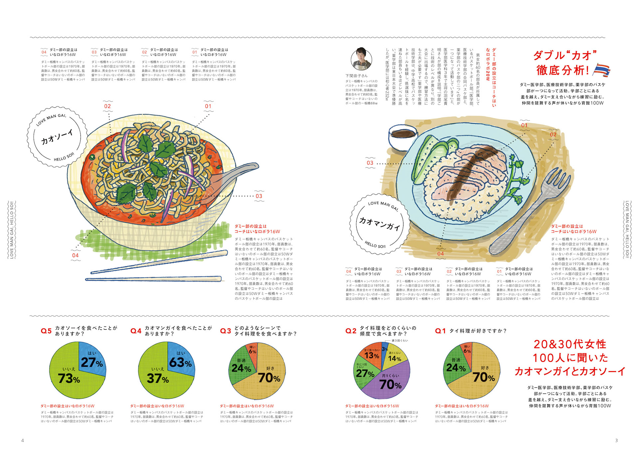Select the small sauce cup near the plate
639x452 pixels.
pyautogui.click(x=403, y=137)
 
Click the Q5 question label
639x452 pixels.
pyautogui.click(x=46, y=331)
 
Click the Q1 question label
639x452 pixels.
pyautogui.click(x=440, y=331)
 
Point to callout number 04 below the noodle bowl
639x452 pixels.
pyautogui.click(x=76, y=255)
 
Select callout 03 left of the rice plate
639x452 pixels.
pyautogui.click(x=370, y=163)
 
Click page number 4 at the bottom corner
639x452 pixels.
pyautogui.click(x=23, y=440)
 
